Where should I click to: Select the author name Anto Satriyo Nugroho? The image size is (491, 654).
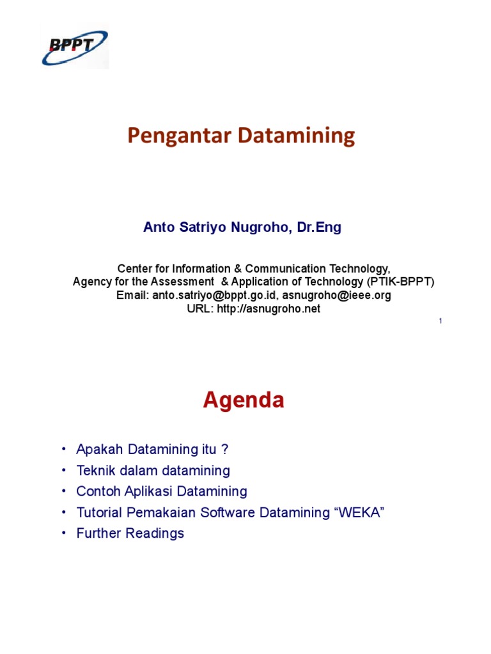point(216,228)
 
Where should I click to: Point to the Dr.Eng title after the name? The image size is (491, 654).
point(318,228)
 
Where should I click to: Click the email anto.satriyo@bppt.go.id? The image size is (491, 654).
point(214,296)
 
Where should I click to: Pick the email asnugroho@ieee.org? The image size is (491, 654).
point(337,296)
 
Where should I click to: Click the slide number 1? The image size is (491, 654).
point(441,321)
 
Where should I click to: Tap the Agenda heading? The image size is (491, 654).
point(244,400)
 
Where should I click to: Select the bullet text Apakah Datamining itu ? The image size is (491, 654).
point(152,450)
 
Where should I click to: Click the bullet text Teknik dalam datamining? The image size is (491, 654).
point(153,471)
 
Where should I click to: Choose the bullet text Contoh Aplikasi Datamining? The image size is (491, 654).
point(161,491)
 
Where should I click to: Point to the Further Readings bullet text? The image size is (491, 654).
point(130,533)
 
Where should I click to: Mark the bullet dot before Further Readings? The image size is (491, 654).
point(64,533)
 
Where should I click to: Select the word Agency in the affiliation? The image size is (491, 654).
point(91,282)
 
